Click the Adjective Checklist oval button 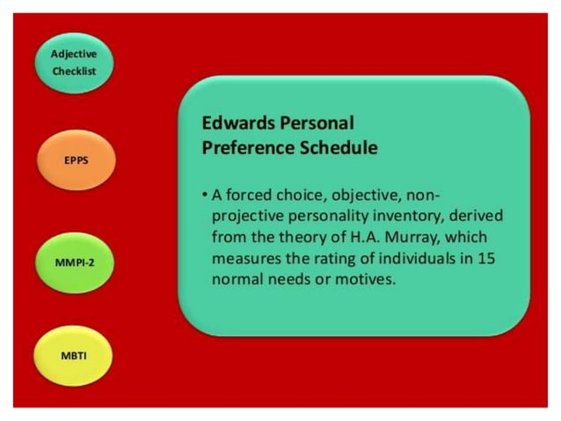tap(73, 63)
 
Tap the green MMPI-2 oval tap(74, 262)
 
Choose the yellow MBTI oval tap(74, 356)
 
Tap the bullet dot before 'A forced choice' tap(204, 194)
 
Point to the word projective tap(249, 216)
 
